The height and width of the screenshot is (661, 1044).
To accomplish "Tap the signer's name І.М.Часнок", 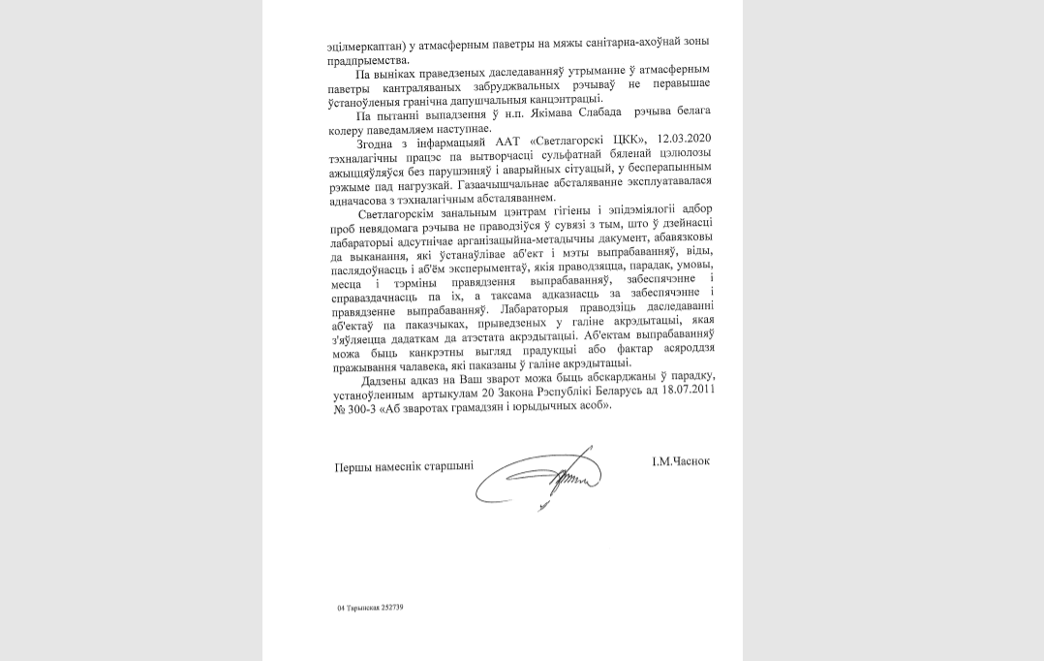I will point(681,461).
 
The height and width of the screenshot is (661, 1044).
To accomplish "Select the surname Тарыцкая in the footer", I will point(361,608).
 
